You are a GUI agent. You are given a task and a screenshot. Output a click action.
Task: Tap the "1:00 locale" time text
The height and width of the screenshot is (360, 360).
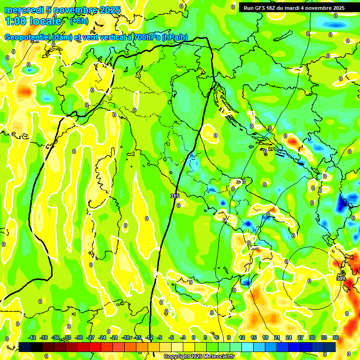[33, 21]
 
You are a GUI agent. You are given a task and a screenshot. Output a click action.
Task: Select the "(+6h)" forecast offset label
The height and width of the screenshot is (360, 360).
[79, 21]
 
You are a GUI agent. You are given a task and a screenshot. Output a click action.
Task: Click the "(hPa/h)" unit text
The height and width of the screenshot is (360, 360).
[174, 37]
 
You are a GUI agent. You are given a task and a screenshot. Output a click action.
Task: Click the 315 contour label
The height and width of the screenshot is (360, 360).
[175, 196]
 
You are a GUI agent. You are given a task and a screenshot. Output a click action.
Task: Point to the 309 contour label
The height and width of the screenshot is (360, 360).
[341, 278]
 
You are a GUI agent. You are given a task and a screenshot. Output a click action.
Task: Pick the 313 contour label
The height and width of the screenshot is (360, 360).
[240, 181]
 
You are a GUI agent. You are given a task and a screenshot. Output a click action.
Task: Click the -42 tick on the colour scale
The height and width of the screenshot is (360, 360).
[32, 337]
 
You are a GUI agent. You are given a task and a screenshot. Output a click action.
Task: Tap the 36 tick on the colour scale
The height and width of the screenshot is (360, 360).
[336, 337]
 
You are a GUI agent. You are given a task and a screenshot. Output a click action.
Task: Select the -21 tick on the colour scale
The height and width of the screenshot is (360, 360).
[114, 337]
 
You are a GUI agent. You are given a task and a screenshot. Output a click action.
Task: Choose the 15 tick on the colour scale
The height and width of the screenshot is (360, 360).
[254, 337]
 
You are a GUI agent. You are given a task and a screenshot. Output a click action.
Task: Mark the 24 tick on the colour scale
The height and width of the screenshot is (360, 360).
[289, 337]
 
